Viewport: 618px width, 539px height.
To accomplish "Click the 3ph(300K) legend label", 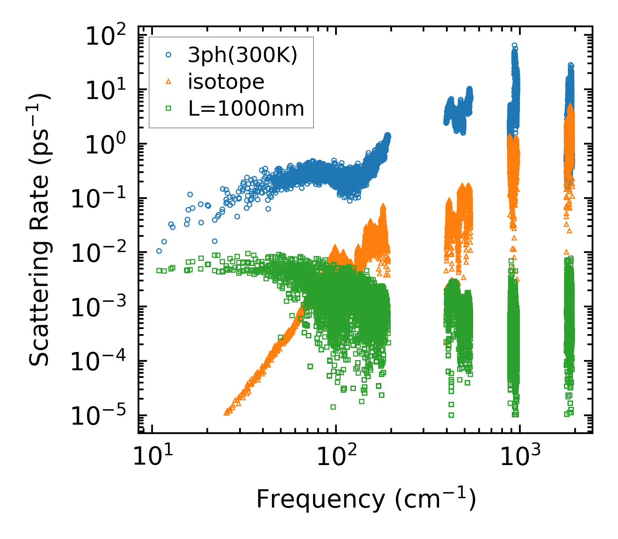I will click(x=243, y=55).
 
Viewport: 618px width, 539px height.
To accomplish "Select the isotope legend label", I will click(x=226, y=82).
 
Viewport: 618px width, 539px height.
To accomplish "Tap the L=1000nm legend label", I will click(x=246, y=109).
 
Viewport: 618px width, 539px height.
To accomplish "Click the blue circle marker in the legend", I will click(x=168, y=55).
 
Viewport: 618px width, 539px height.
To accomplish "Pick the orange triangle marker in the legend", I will click(x=168, y=82).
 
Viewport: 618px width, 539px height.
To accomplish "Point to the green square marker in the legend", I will click(x=168, y=109).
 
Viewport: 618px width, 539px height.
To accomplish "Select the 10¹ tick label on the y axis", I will click(x=105, y=91).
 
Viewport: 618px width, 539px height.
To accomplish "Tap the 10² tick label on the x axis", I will click(x=336, y=457).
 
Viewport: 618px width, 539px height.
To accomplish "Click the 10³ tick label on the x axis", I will click(x=520, y=457).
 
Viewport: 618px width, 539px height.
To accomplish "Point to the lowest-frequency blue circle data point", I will click(x=159, y=251).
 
